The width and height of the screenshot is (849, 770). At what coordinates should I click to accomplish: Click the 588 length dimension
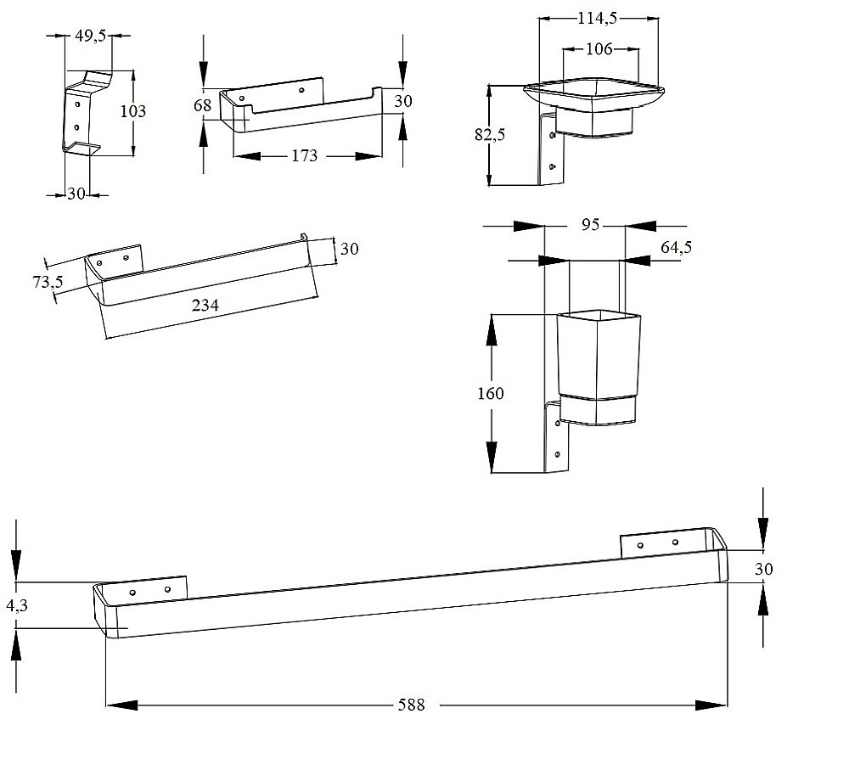click(412, 705)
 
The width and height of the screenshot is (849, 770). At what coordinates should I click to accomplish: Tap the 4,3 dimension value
click(17, 605)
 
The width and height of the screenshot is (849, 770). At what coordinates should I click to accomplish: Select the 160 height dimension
click(491, 393)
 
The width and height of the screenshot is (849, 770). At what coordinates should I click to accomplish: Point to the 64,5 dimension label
click(677, 247)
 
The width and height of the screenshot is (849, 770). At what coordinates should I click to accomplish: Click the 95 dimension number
click(591, 224)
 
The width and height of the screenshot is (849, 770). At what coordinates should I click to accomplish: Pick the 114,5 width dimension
click(597, 19)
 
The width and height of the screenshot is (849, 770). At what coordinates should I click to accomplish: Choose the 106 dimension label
click(599, 49)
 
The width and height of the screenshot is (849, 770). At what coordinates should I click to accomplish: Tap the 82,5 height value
click(490, 134)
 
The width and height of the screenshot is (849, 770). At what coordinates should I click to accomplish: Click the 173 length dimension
click(304, 156)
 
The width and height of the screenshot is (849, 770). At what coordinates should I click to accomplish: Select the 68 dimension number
click(203, 105)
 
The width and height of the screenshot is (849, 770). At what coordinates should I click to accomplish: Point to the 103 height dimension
click(133, 111)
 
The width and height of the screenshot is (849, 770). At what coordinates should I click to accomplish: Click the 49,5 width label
click(91, 37)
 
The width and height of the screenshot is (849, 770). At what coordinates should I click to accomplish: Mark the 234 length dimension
click(205, 306)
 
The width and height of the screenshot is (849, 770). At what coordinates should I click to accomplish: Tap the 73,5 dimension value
click(48, 282)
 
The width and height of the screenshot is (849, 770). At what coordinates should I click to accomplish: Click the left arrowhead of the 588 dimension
click(121, 705)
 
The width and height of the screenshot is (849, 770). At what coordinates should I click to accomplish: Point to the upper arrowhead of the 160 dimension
click(492, 329)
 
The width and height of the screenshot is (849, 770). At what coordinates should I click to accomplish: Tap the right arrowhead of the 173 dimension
click(368, 156)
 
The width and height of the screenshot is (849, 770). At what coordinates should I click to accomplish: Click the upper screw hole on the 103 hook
click(77, 104)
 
